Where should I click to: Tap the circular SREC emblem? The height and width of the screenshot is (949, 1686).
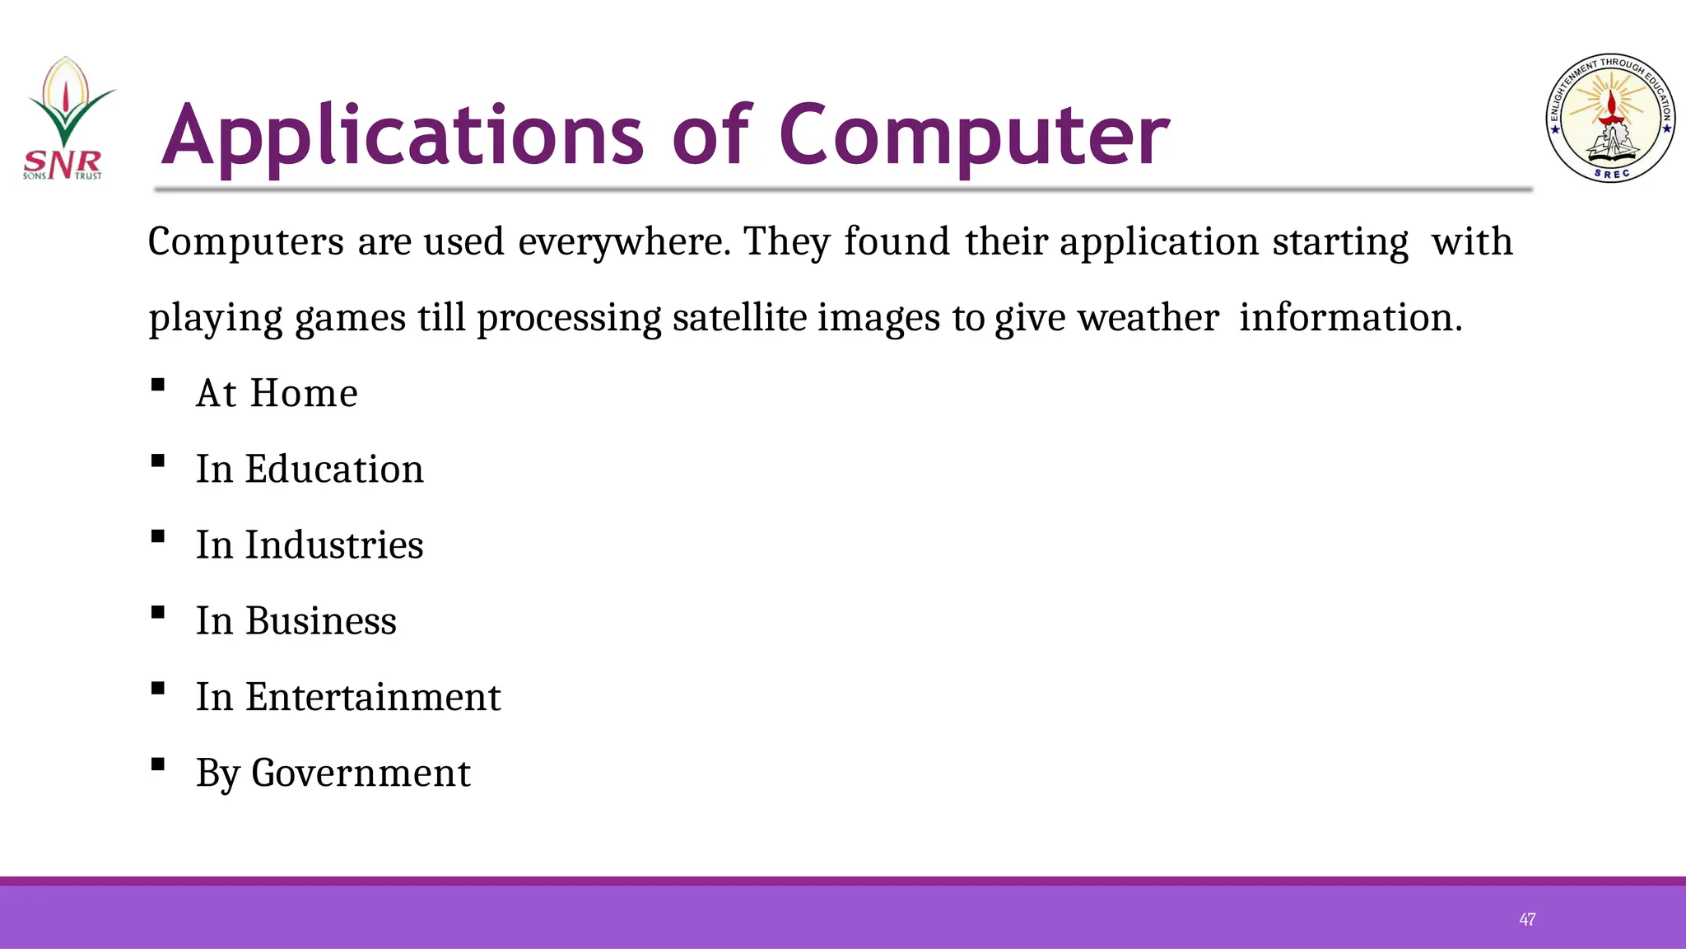[x=1609, y=119]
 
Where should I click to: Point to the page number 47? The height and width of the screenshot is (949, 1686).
[x=1527, y=919]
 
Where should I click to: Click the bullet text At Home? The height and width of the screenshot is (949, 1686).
[x=277, y=393]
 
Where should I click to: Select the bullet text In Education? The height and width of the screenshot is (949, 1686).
[x=310, y=469]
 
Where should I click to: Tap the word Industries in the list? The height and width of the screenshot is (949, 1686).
[x=334, y=545]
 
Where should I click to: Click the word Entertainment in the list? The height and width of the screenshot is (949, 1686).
[x=373, y=697]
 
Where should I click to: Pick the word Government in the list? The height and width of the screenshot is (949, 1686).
[x=361, y=773]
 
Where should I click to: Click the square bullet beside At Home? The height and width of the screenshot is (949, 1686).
[x=158, y=385]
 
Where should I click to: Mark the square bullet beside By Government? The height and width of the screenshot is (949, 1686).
[x=158, y=764]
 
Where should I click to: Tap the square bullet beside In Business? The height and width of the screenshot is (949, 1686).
[x=158, y=612]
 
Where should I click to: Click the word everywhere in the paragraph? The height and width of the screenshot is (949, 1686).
[x=623, y=242]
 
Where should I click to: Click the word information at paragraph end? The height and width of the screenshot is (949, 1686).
[x=1350, y=318]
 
